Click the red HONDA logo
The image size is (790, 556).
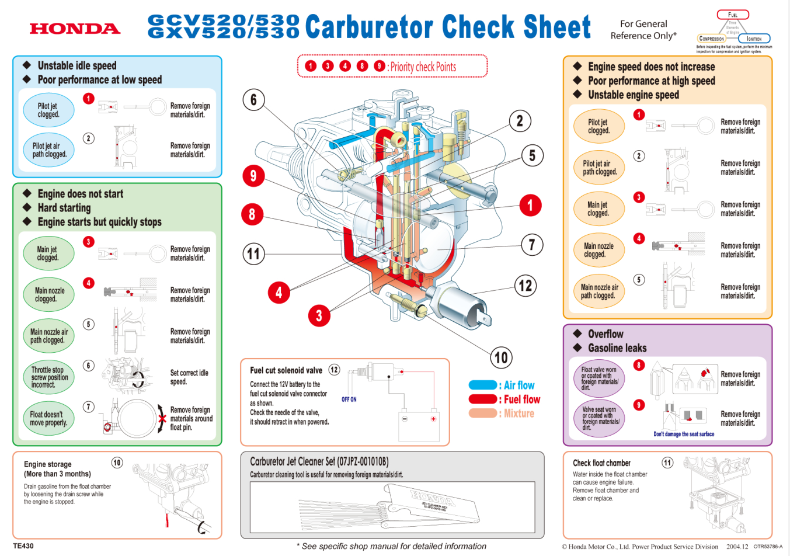75,29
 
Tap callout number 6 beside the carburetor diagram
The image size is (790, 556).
253,100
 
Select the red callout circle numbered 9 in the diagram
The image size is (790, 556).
253,176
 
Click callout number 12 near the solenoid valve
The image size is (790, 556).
525,286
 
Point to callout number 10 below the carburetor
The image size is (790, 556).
501,357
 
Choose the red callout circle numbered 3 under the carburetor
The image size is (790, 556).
319,316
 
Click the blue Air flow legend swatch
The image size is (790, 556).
482,385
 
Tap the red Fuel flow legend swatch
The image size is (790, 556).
482,399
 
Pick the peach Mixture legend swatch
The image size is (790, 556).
482,413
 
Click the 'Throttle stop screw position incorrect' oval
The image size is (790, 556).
49,377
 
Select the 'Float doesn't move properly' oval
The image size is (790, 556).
48,418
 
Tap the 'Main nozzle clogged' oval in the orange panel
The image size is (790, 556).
598,250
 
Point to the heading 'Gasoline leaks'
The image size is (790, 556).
617,348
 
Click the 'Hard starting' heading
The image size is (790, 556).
64,208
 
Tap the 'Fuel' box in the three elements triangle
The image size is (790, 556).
733,15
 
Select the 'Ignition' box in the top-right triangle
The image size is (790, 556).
754,39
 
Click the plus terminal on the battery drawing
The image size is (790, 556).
433,419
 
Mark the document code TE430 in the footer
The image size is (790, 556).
23,546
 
